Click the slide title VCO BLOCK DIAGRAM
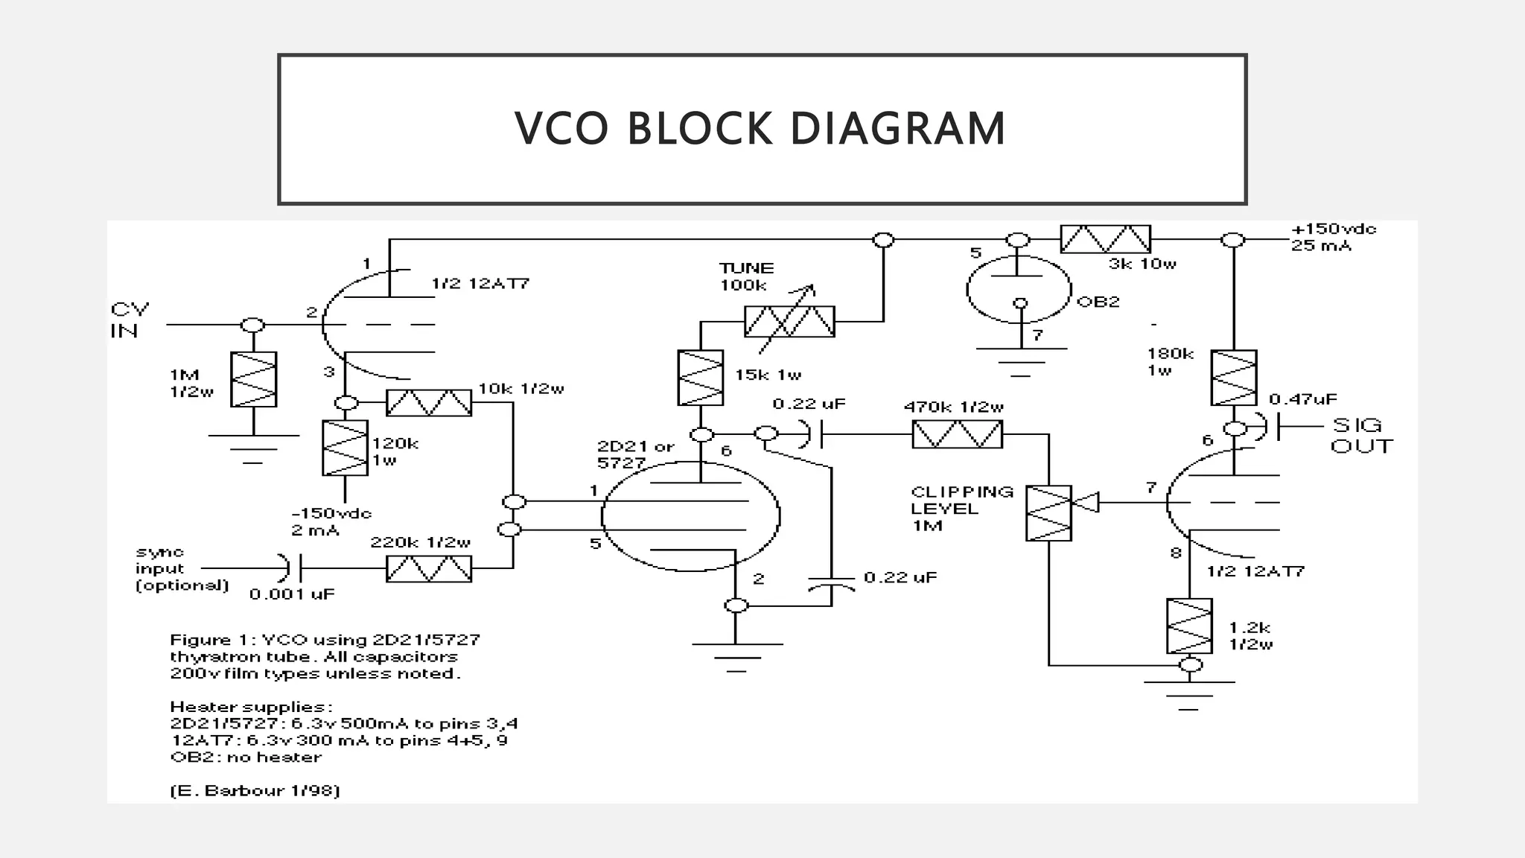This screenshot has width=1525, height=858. pos(760,128)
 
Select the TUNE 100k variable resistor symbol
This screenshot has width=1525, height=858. pos(789,322)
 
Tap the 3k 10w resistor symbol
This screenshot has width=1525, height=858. pos(1105,239)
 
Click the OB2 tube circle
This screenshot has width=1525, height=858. pos(1019,289)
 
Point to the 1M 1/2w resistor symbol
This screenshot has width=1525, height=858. pos(253,379)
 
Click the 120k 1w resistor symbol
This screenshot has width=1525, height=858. pos(345,448)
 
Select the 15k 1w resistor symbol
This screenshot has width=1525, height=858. pos(700,378)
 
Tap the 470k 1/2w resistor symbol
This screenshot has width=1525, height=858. pos(957,433)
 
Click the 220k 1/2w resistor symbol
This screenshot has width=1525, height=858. pos(428,568)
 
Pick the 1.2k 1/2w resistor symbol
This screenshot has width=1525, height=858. pos(1189,626)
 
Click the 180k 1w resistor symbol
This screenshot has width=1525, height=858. pos(1234,378)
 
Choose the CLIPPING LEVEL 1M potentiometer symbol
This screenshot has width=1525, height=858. pos(1048,513)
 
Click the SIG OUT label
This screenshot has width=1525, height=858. pos(1360,436)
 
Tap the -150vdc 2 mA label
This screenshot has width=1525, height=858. pos(330,521)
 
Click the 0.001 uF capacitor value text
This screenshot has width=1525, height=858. pos(292,594)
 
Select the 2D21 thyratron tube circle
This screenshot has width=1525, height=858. pos(690,515)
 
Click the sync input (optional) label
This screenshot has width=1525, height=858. pos(181,569)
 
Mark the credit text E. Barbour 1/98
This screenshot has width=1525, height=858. pos(255,790)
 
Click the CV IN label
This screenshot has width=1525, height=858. pos(130,320)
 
